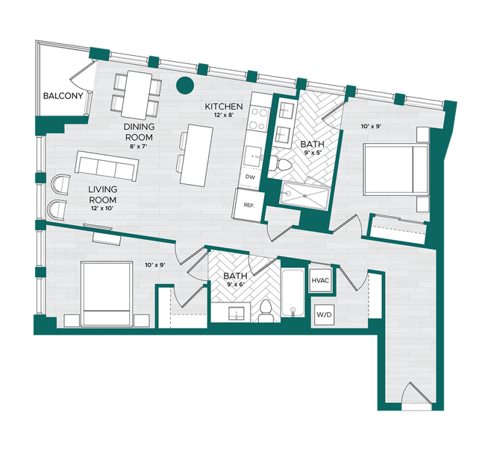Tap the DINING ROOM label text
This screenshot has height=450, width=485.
click(x=139, y=132)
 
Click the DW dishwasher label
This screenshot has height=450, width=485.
click(x=250, y=178)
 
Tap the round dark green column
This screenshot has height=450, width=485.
click(x=184, y=86)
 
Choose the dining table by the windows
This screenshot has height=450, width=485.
click(x=136, y=92)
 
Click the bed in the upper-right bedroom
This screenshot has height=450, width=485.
click(x=395, y=170)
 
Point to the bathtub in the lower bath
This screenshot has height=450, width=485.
click(x=293, y=294)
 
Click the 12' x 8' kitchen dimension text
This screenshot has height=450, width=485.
click(x=224, y=115)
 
